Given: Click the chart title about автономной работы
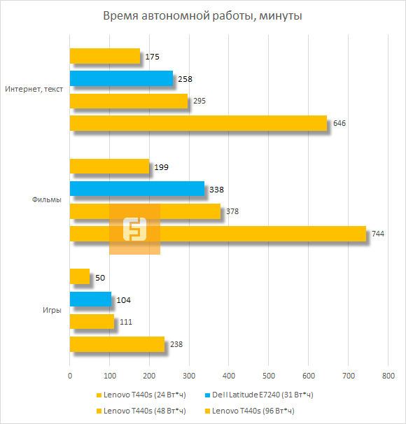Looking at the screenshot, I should click(x=202, y=15).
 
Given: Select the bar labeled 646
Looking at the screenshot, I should click(x=198, y=123).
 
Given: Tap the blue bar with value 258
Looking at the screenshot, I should click(x=121, y=79).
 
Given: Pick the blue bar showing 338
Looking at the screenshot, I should click(x=136, y=189).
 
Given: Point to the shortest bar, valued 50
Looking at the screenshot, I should click(x=80, y=277).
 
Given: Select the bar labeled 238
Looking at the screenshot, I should click(x=117, y=344).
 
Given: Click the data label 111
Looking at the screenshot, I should click(x=127, y=322).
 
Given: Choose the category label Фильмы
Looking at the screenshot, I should click(x=47, y=199).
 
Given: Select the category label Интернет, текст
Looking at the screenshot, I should click(x=32, y=90).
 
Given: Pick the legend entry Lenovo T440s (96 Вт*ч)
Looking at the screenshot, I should click(x=250, y=410).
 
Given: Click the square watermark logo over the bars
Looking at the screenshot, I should click(x=134, y=229).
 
